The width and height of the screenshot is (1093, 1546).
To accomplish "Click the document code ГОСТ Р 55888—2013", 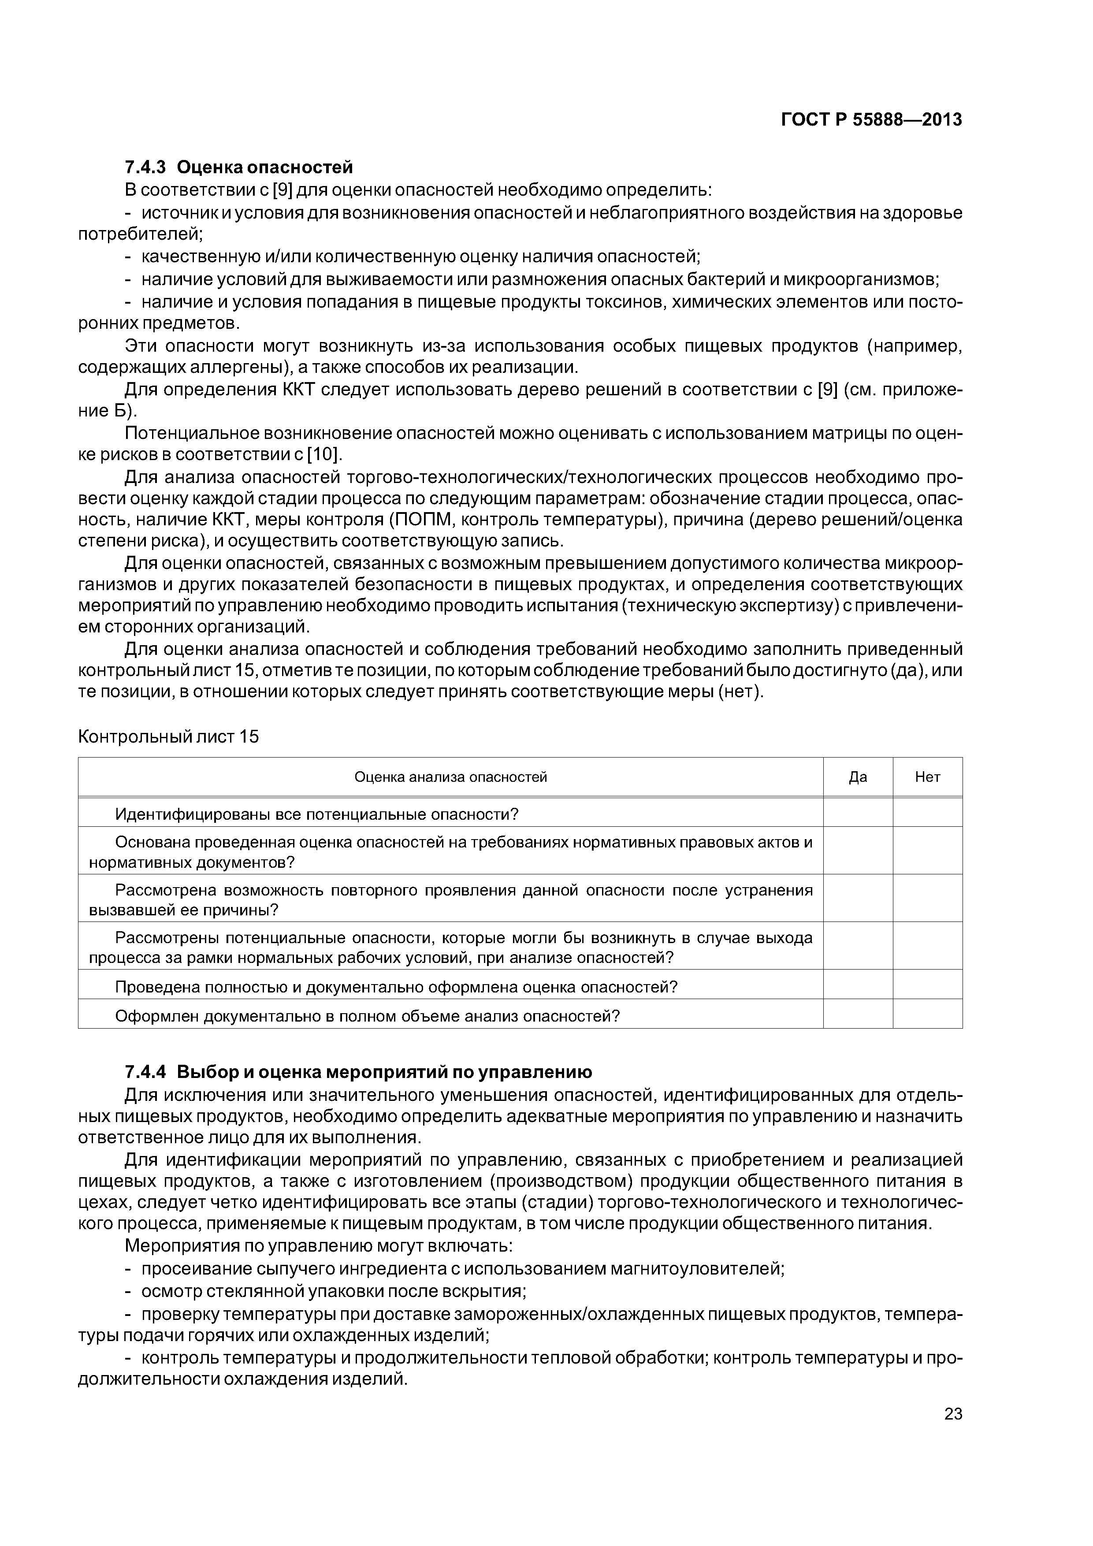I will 871,120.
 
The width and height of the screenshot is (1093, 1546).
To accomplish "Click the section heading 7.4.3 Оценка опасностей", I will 238,166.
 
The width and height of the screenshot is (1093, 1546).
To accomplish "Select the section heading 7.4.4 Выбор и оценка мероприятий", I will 358,1071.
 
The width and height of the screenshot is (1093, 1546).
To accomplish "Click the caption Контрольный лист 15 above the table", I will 168,736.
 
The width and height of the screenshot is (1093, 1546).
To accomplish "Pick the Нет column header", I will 927,777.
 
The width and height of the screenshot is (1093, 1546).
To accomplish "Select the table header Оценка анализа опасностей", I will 450,777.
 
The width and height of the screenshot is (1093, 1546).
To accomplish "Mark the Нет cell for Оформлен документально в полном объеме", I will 927,1015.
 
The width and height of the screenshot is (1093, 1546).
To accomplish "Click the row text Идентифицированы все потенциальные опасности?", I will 316,814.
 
